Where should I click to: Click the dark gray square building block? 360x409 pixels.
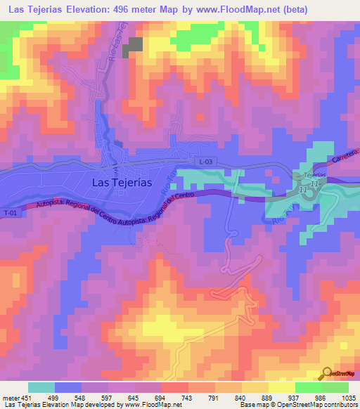pyautogui.click(x=133, y=47)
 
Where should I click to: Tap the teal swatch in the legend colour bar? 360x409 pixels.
pyautogui.click(x=41, y=387)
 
